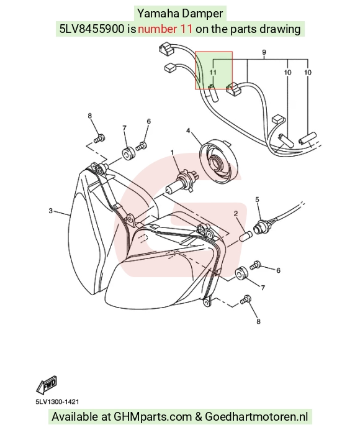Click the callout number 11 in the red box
tap(213, 72)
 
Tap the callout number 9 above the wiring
tap(264, 52)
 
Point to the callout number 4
tap(188, 130)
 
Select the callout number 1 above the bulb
tap(173, 152)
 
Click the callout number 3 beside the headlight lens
tap(50, 211)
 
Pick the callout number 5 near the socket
tap(257, 199)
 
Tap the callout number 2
tap(236, 213)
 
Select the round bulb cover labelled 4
tap(218, 162)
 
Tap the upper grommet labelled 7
tap(128, 153)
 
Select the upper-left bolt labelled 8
tap(99, 138)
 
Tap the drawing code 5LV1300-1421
tap(57, 402)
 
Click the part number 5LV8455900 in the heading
tap(92, 29)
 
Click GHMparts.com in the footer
tap(153, 416)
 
